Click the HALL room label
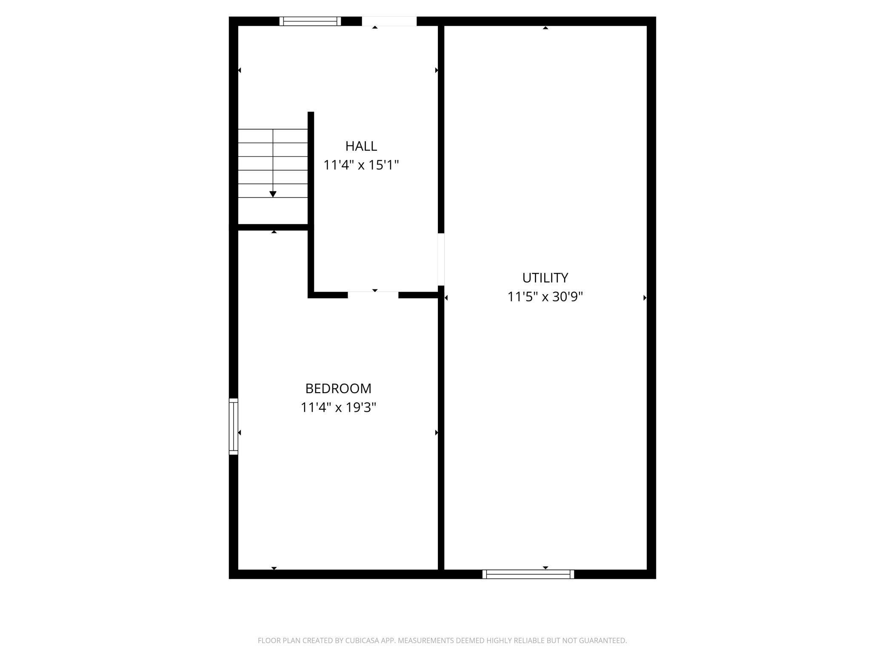click(x=361, y=146)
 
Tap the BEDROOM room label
click(x=338, y=388)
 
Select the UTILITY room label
click(x=545, y=278)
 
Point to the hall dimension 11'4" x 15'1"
click(x=361, y=165)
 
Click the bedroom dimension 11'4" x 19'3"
click(x=338, y=408)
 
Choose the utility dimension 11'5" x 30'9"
click(x=545, y=297)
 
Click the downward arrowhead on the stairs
click(x=273, y=194)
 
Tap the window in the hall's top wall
click(x=310, y=21)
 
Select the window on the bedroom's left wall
click(x=233, y=426)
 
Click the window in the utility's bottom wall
click(x=528, y=574)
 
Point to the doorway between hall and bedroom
click(x=373, y=295)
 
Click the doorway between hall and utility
click(x=441, y=259)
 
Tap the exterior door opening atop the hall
click(x=389, y=21)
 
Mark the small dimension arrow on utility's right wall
click(x=645, y=298)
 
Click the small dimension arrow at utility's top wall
click(x=545, y=28)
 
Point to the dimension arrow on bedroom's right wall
click(x=436, y=433)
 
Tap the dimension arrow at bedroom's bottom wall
click(x=274, y=568)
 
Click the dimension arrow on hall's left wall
click(x=240, y=70)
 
